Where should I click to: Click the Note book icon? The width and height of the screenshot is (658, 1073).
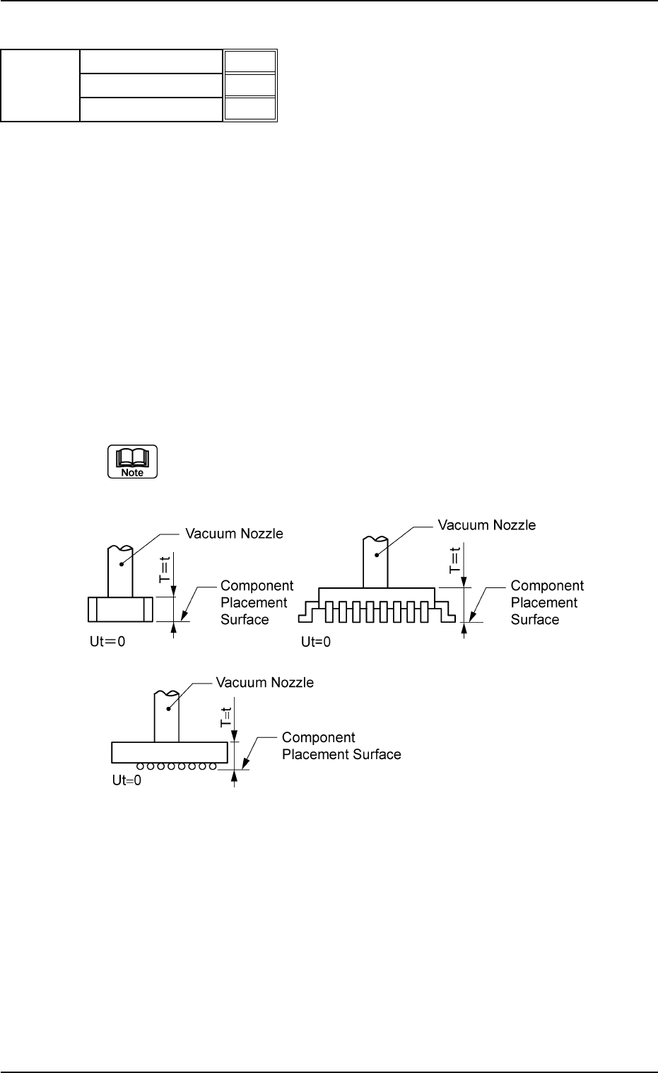[x=132, y=462]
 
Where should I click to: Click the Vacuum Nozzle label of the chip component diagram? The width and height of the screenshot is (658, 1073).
[x=234, y=534]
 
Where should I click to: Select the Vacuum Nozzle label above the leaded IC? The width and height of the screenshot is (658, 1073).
[x=486, y=525]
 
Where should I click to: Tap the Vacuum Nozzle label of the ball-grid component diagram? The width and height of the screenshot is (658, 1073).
[x=264, y=683]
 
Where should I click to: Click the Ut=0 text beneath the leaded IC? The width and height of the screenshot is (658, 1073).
[x=315, y=642]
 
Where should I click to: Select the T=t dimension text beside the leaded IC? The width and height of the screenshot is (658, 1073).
[x=455, y=559]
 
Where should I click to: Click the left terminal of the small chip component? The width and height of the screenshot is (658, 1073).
[x=93, y=609]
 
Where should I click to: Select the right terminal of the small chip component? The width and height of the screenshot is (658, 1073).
[x=148, y=609]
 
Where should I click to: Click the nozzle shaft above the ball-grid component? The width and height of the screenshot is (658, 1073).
[x=166, y=717]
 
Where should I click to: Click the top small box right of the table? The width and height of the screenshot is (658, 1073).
[x=249, y=61]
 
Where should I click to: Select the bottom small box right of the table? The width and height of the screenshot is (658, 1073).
[x=249, y=109]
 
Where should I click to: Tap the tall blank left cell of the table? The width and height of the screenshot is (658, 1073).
[x=40, y=86]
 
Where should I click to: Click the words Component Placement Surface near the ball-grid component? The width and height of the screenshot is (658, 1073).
[x=341, y=746]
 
